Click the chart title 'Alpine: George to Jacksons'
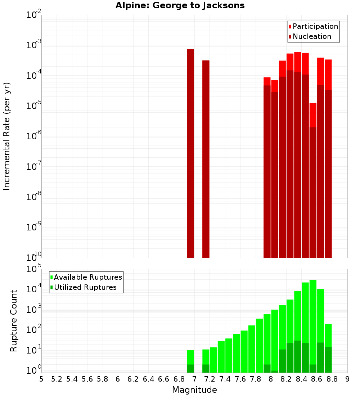(180, 5)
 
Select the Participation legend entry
(313, 26)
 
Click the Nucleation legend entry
(310, 36)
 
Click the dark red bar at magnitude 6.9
(190, 153)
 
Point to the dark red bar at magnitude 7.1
(206, 159)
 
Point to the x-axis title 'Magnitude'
(194, 390)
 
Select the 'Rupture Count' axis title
(14, 320)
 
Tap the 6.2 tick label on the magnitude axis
(133, 379)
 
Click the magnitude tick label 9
(347, 379)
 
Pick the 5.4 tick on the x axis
(72, 379)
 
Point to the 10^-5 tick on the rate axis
(34, 107)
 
